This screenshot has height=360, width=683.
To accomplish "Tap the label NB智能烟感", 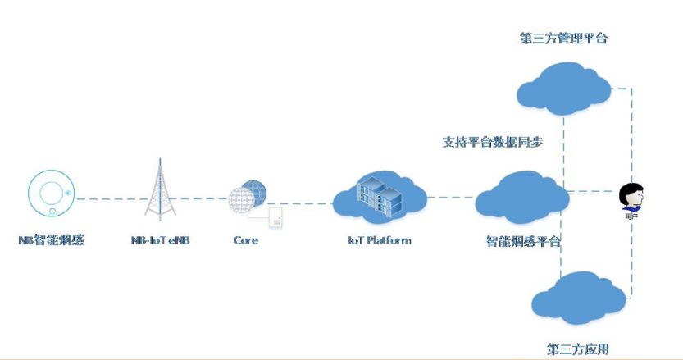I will point(52,240).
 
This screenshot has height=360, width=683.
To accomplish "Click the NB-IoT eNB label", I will point(161,240).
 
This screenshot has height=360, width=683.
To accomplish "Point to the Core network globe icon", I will point(247,197).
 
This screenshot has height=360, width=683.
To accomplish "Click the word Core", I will point(246,240).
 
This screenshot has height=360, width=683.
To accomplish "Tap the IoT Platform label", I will point(379,240).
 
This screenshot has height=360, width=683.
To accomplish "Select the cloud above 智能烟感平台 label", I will point(521,197).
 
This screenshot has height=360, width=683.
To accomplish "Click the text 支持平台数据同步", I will point(493,141).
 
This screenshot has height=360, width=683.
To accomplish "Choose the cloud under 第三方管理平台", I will point(563,84).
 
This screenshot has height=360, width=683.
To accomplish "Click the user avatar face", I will point(631,196).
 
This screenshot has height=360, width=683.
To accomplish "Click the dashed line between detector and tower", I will point(102,198).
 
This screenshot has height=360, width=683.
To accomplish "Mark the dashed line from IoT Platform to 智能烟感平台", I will point(451,197).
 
